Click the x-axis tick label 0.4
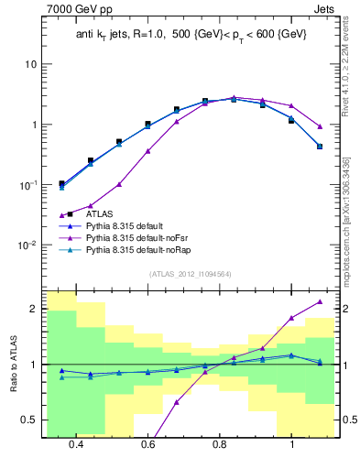76,445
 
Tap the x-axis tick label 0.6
147,445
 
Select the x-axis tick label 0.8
220,445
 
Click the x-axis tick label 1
291,445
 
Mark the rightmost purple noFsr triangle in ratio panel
320,301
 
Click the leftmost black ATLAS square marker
61,183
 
